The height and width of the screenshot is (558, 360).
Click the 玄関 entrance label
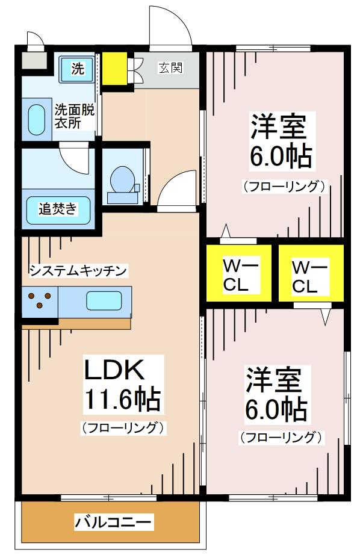[x=171, y=67]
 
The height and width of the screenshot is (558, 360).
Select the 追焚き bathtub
[x=58, y=210]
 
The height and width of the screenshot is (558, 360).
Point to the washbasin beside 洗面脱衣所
[x=37, y=120]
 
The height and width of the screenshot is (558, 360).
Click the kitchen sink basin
[x=104, y=301]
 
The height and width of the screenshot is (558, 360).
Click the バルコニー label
[x=113, y=522]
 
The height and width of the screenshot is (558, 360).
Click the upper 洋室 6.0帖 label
[x=281, y=141]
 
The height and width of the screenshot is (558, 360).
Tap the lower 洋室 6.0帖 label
[x=276, y=394]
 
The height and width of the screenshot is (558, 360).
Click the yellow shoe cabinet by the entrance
[x=115, y=69]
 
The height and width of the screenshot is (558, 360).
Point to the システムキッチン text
[x=78, y=271]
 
